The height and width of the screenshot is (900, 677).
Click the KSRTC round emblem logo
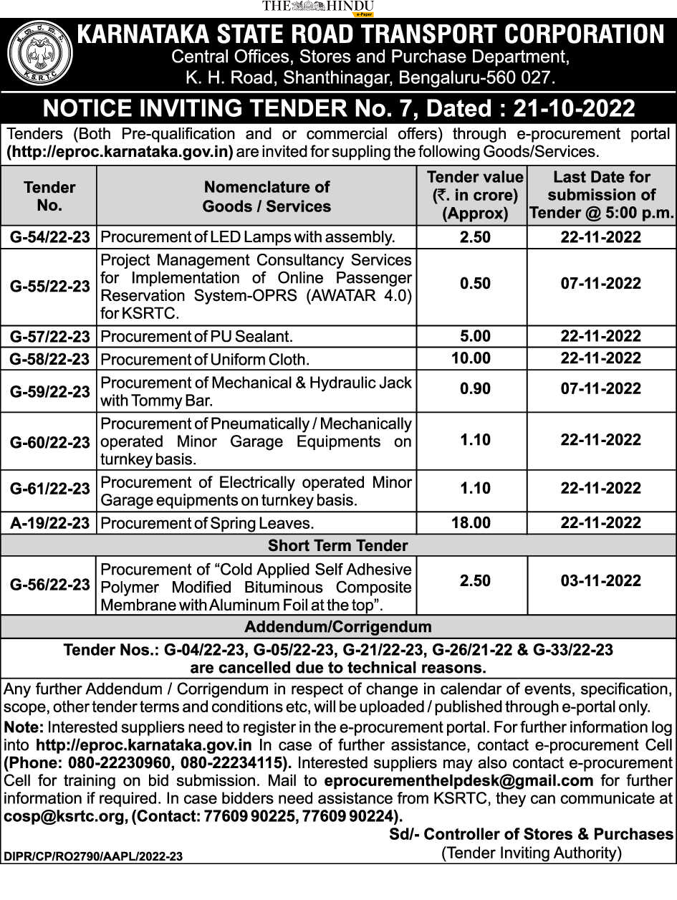39,54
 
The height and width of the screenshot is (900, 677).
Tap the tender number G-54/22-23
49,237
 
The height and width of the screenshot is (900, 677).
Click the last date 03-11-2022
600,580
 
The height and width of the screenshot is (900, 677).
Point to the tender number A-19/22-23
49,523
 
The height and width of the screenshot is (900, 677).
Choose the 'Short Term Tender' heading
337,545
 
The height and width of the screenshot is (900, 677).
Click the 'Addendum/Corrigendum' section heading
337,627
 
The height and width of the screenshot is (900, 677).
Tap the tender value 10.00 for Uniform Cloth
471,358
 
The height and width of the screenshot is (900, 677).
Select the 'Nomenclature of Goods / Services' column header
267,196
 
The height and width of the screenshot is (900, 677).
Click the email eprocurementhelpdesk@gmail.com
458,780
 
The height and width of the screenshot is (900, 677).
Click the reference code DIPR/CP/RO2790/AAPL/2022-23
93,856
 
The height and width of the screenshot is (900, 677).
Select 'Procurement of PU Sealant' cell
197,336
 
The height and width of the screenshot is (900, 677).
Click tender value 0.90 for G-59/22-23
475,389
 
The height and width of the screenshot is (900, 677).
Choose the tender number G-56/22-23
49,584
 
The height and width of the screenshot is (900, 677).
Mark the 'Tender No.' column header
49,196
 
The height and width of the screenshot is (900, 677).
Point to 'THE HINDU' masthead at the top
318,6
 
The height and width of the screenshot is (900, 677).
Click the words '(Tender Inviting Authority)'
532,853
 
